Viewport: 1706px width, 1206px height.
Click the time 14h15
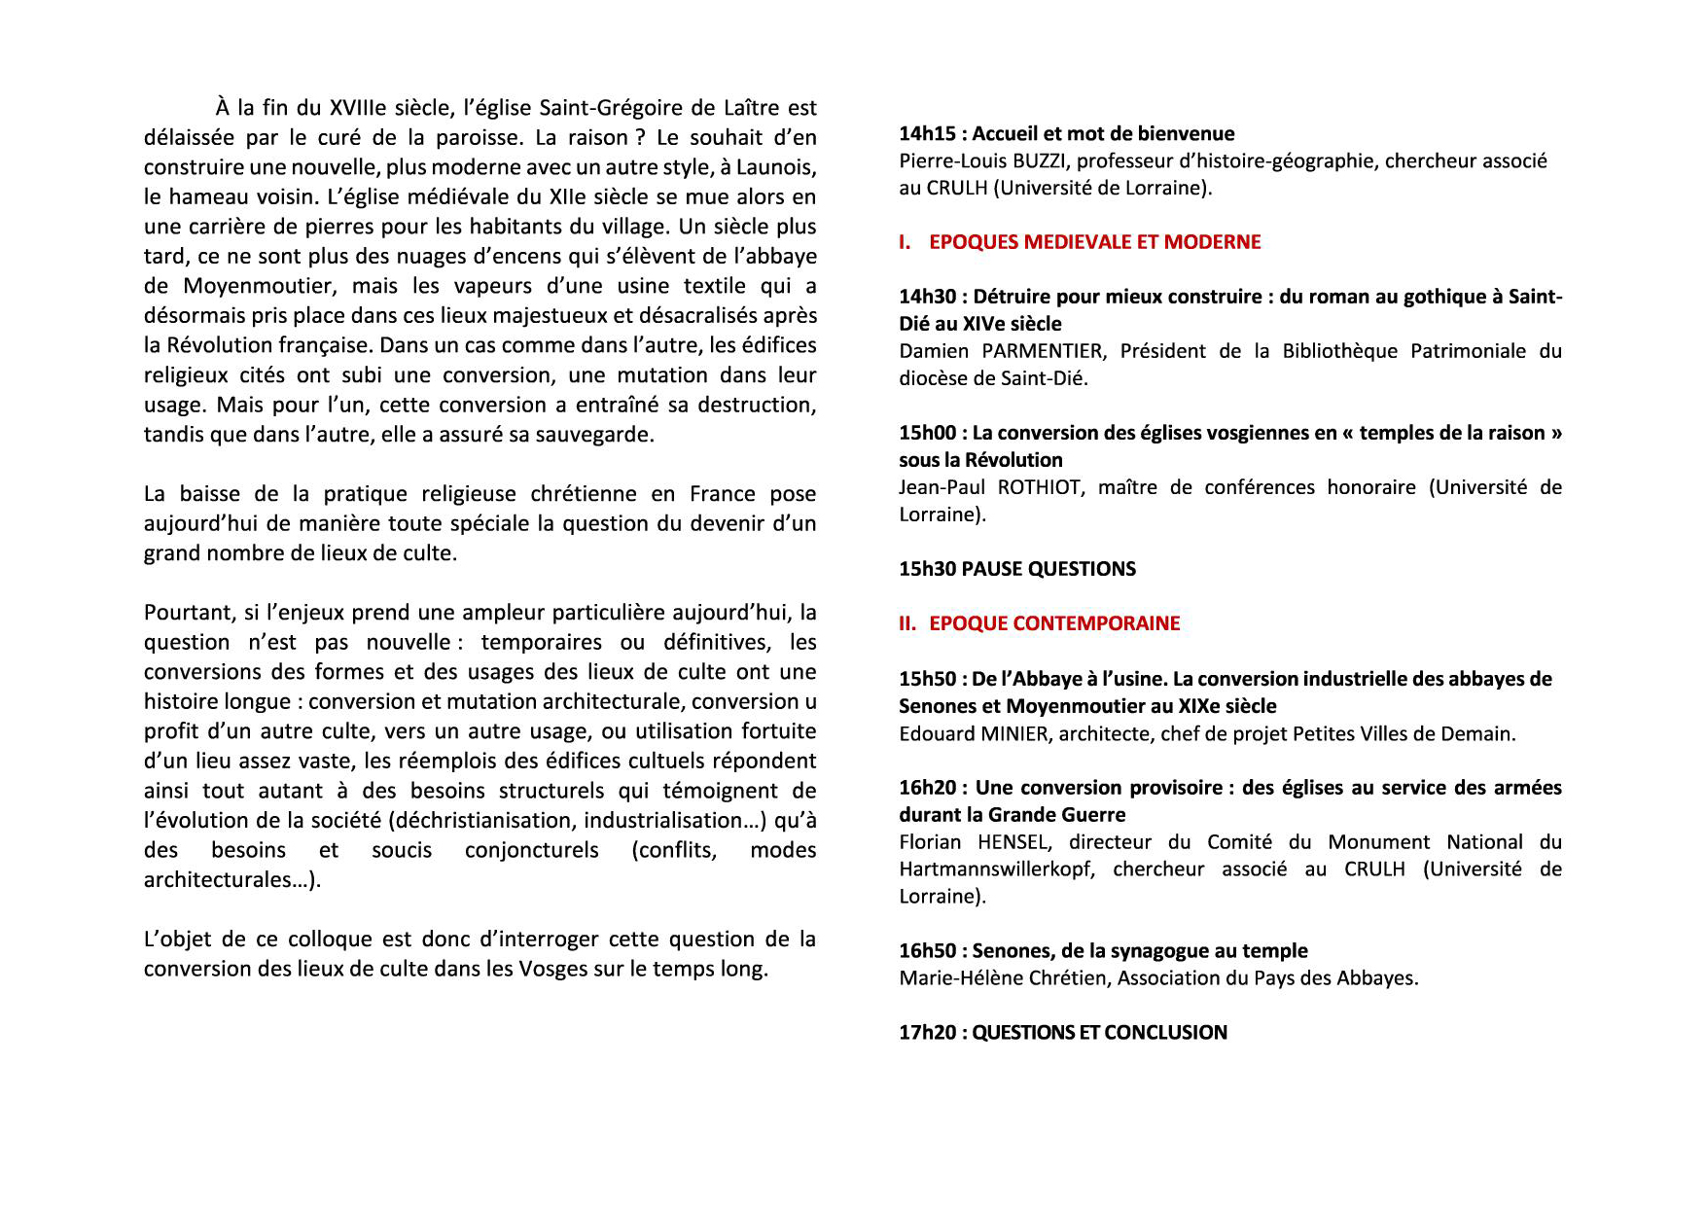tap(927, 134)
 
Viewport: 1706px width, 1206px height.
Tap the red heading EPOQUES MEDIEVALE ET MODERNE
tap(1094, 242)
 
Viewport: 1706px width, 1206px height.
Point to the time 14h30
tap(927, 298)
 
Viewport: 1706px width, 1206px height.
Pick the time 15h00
tap(927, 434)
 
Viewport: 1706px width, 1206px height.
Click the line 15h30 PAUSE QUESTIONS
tap(1016, 569)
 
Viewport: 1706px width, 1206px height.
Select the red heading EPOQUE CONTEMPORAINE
tap(1054, 623)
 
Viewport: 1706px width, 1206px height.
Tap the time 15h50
tap(927, 679)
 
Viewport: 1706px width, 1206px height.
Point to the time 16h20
tap(927, 788)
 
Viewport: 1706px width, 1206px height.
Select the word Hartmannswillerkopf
tap(996, 869)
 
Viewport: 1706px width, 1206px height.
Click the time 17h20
tap(927, 1033)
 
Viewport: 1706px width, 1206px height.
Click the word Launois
tap(779, 167)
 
